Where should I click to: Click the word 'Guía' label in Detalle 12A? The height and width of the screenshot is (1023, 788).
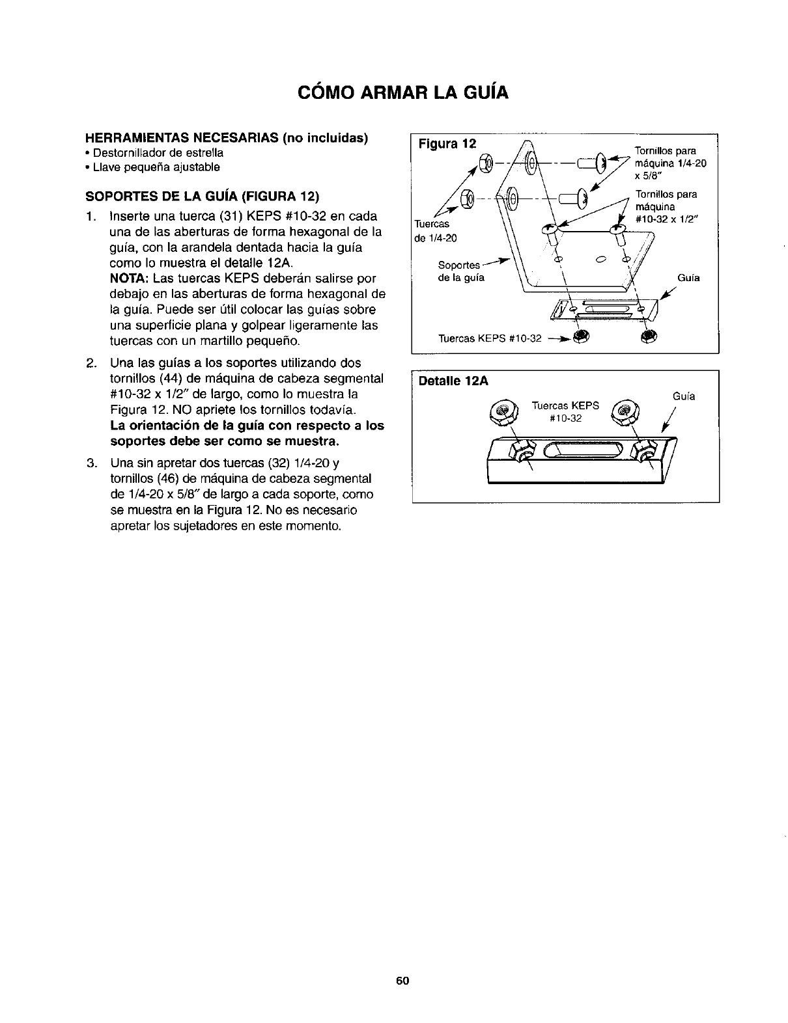click(683, 396)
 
